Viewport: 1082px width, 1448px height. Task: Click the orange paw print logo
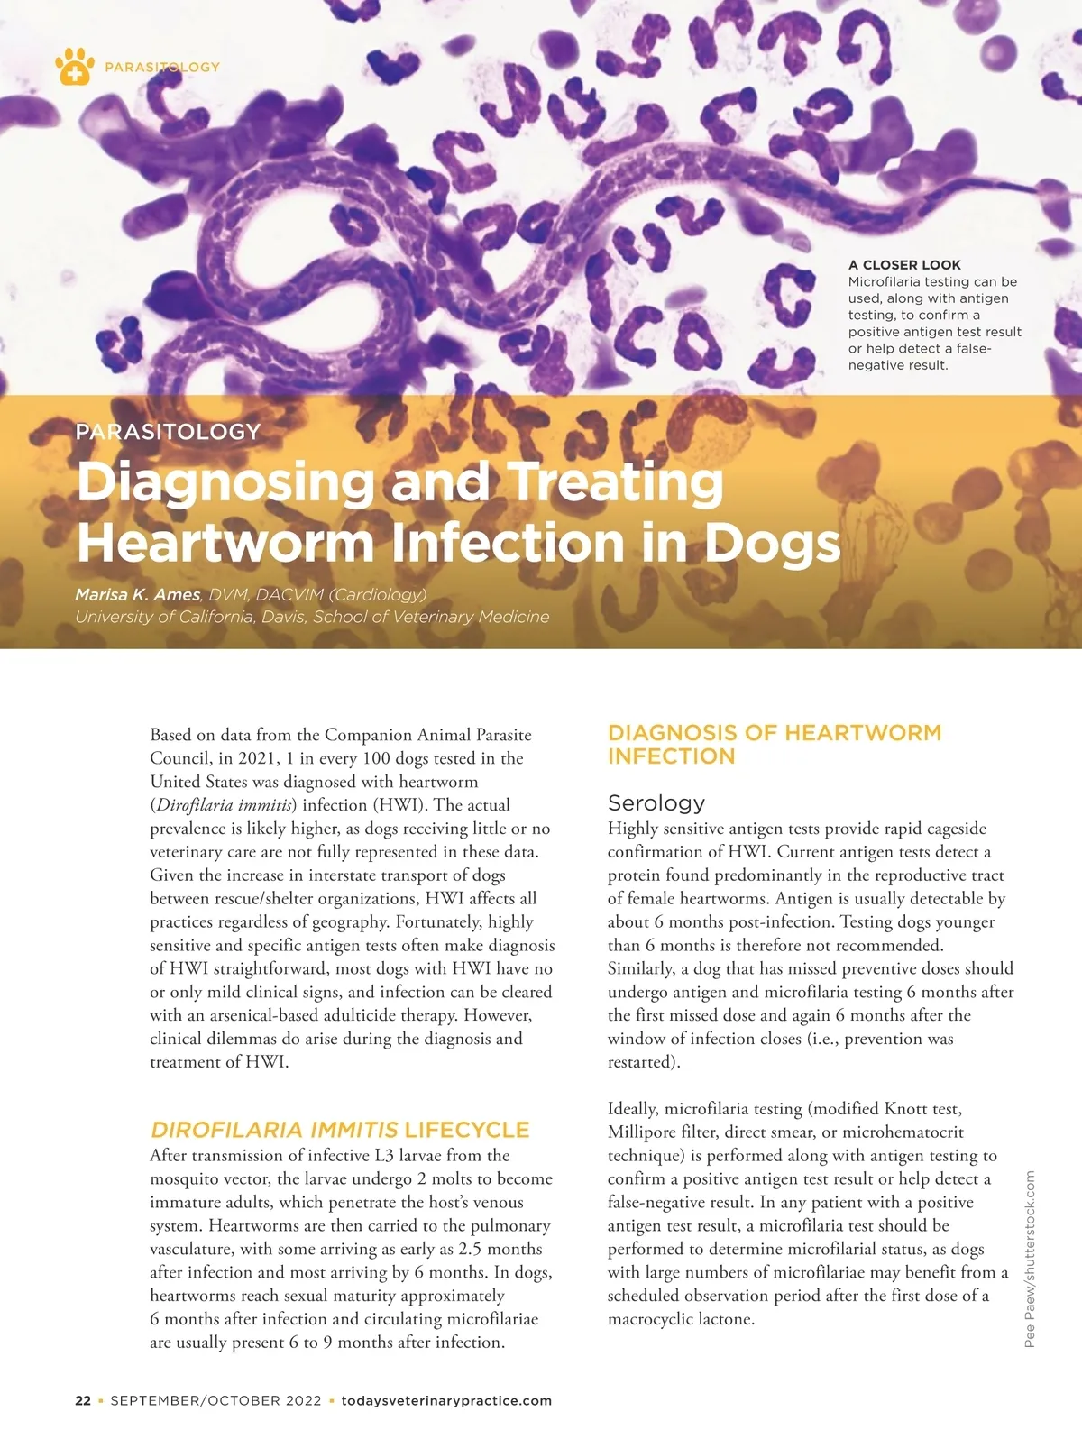[x=74, y=66]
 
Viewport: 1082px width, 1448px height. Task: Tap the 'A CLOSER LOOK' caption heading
[x=904, y=265]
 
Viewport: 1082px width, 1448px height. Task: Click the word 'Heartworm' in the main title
[x=225, y=543]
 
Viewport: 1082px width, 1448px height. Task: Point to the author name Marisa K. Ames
[x=138, y=595]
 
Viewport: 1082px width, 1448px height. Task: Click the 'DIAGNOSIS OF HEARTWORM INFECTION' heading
[x=774, y=745]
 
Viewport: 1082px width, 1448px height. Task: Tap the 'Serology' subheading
[x=656, y=802]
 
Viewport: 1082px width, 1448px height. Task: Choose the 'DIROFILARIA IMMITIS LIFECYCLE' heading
[x=340, y=1130]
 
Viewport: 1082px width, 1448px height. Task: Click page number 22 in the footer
[x=83, y=1401]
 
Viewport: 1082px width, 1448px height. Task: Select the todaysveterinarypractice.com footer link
[x=446, y=1401]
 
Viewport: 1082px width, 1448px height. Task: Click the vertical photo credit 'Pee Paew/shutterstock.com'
[x=1030, y=1259]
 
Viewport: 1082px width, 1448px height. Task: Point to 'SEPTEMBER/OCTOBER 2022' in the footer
[x=215, y=1401]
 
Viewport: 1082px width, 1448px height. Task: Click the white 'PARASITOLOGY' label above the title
[x=168, y=432]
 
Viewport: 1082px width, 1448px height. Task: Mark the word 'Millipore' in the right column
[x=644, y=1132]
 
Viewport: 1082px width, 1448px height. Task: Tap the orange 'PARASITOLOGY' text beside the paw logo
[x=162, y=67]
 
